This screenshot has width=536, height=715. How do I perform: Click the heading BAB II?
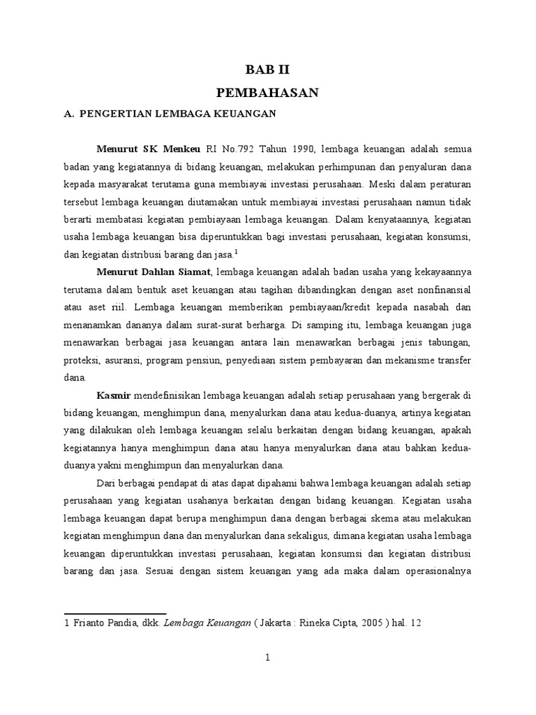(x=267, y=69)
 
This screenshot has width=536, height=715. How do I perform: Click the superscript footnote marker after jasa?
(x=237, y=251)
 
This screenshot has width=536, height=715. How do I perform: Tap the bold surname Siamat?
(x=193, y=272)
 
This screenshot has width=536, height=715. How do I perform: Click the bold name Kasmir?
(x=114, y=396)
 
